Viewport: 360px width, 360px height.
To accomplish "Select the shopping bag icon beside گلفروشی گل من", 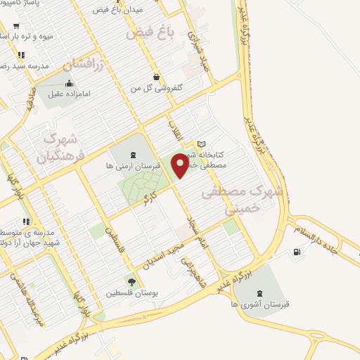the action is pyautogui.click(x=155, y=77).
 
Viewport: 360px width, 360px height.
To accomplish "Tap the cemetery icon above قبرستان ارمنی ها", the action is pyautogui.click(x=133, y=155).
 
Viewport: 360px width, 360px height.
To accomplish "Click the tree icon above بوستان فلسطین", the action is pyautogui.click(x=131, y=281).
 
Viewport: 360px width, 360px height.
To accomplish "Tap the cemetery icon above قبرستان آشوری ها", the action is pyautogui.click(x=259, y=292).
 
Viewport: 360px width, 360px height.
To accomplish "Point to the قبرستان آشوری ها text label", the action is pyautogui.click(x=260, y=304).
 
